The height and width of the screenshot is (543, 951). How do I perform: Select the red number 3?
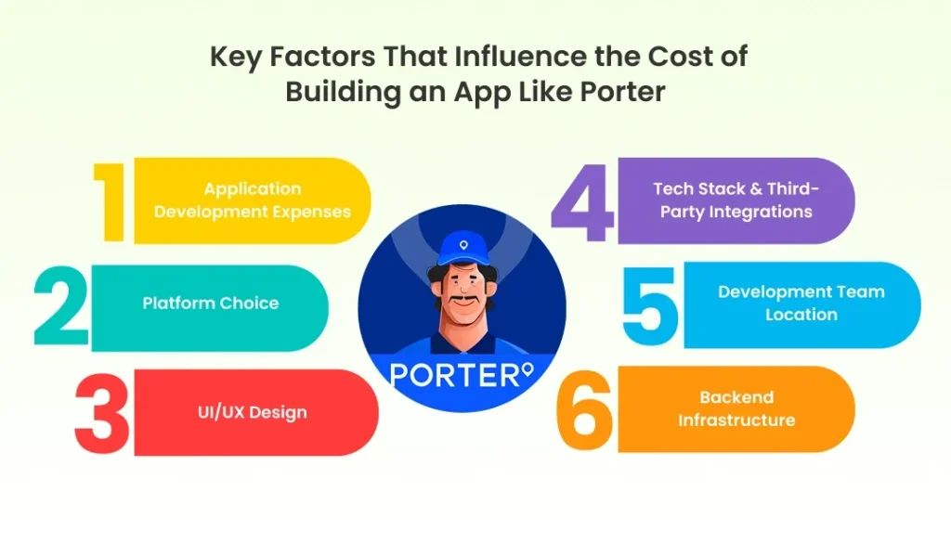(x=102, y=413)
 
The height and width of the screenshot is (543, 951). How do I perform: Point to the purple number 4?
(x=582, y=200)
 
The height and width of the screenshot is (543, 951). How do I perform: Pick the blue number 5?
(x=651, y=304)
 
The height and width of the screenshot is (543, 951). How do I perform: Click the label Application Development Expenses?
(x=253, y=200)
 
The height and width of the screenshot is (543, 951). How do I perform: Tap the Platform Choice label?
(x=211, y=304)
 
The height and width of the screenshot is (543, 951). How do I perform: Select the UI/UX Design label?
(x=252, y=412)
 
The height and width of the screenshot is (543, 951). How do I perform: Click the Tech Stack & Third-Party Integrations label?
(x=736, y=200)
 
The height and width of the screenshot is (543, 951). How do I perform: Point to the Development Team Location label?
(x=801, y=303)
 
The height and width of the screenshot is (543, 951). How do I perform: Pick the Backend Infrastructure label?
(x=736, y=408)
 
